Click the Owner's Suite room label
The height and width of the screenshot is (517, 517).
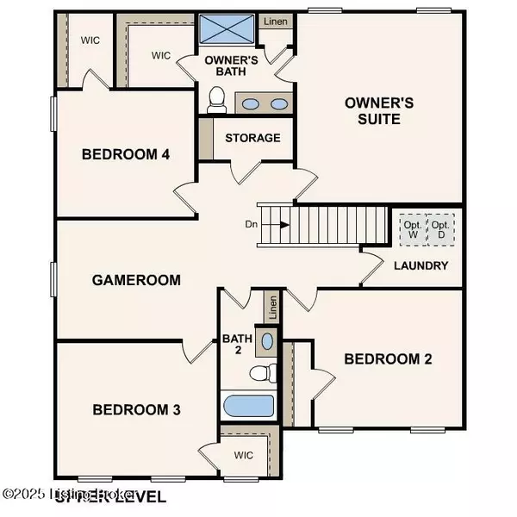(379, 110)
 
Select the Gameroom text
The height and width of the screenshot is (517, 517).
(137, 280)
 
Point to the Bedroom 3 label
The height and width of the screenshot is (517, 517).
(137, 409)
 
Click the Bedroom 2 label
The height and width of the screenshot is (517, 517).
(388, 359)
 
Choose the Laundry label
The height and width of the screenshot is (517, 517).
(421, 265)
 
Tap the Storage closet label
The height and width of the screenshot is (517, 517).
(252, 138)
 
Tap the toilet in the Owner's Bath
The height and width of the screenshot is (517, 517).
(217, 101)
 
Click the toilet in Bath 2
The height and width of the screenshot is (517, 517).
(260, 373)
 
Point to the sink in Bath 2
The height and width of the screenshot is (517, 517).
(267, 341)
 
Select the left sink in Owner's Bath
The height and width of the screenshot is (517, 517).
(249, 104)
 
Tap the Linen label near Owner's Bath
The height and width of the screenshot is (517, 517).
(276, 22)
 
